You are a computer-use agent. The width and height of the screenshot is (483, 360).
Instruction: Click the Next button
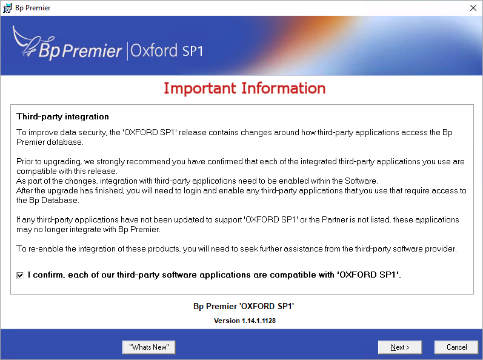[x=400, y=347]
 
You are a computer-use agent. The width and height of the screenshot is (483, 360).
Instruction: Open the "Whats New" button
[x=149, y=347]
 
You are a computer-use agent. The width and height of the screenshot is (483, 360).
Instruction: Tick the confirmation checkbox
[x=20, y=275]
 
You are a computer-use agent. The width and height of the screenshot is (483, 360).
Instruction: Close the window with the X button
[x=473, y=8]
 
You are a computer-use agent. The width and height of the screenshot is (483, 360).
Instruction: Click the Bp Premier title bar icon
[x=7, y=8]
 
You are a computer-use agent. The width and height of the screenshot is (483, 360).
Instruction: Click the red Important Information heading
[x=245, y=88]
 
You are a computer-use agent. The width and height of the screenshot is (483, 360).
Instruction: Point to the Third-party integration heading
[x=62, y=116]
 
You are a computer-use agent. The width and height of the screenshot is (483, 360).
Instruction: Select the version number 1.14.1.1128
[x=259, y=321]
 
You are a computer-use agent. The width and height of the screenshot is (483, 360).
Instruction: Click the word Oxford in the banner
[x=154, y=50]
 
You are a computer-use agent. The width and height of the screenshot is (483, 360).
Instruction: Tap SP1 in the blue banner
[x=193, y=51]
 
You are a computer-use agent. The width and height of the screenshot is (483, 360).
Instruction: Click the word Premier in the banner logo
[x=92, y=50]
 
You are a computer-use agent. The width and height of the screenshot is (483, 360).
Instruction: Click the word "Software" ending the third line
[x=361, y=181]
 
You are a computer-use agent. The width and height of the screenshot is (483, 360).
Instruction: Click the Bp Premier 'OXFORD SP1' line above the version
[x=244, y=306]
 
